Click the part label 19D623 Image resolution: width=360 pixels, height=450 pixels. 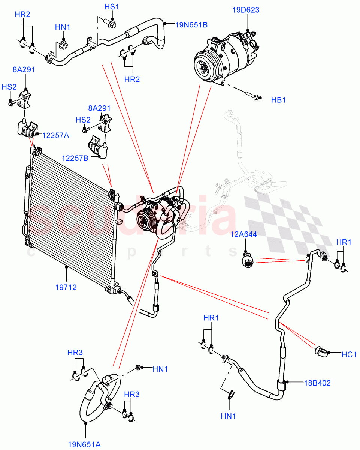pyautogui.click(x=246, y=10)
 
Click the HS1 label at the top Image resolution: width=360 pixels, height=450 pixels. pyautogui.click(x=111, y=7)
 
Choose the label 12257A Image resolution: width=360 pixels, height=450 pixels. pyautogui.click(x=55, y=136)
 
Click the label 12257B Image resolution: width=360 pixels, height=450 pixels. pyautogui.click(x=75, y=159)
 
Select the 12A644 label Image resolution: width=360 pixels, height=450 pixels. pyautogui.click(x=244, y=235)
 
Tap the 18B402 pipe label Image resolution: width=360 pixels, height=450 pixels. pyautogui.click(x=317, y=383)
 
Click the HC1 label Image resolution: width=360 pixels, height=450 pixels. pyautogui.click(x=349, y=354)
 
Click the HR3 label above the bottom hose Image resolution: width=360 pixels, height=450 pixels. pyautogui.click(x=75, y=352)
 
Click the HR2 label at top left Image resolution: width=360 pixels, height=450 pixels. pyautogui.click(x=22, y=14)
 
